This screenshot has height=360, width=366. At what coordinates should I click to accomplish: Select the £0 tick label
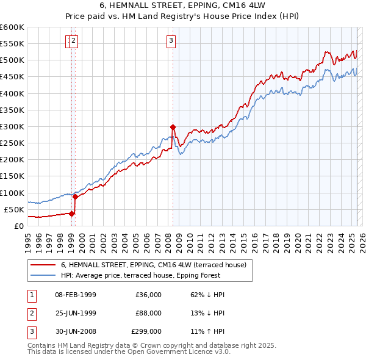pos(18,226)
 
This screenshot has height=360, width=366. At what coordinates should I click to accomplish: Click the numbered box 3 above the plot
pos(171,41)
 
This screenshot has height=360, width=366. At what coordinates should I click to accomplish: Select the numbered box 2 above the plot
pos(74,41)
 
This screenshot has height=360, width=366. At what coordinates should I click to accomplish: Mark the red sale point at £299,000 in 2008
pos(173,127)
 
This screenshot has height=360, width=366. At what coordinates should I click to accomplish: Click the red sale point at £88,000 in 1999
pos(76,196)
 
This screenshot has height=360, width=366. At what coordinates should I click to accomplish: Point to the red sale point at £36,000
pos(71,214)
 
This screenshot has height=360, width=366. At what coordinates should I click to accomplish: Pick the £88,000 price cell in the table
pos(148,312)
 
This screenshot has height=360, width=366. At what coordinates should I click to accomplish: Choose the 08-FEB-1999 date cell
pos(76,295)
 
